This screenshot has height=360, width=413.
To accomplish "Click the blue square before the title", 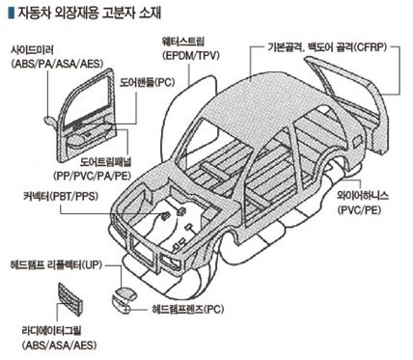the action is [x=11, y=13].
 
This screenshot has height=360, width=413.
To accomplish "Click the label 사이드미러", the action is [x=32, y=50].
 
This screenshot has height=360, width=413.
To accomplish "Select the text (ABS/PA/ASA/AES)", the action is [x=57, y=64].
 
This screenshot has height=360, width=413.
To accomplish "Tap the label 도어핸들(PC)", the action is [x=148, y=82].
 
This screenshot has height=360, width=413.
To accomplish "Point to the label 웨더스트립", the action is [x=183, y=42].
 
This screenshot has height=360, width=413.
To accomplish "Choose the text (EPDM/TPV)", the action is [x=191, y=55].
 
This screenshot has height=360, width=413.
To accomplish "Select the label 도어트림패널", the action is [x=106, y=162].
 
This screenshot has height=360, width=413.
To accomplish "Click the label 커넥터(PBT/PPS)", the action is [x=60, y=196].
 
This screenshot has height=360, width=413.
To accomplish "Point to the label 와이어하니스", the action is [x=363, y=196].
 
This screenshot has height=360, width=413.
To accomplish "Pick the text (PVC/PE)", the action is [x=359, y=210].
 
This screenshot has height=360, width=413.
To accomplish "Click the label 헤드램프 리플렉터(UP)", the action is [x=56, y=265].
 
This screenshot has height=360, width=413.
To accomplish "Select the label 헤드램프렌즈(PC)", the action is [x=187, y=310].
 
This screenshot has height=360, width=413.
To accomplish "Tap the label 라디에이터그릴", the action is [x=51, y=330].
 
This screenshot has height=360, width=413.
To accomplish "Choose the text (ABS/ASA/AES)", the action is [x=60, y=346].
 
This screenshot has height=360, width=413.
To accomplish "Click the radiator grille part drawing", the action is [x=70, y=298].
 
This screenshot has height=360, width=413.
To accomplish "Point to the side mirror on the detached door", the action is [x=50, y=120].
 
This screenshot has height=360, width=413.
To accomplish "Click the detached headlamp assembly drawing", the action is [x=124, y=300].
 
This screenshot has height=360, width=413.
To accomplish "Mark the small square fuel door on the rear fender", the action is [x=357, y=142].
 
